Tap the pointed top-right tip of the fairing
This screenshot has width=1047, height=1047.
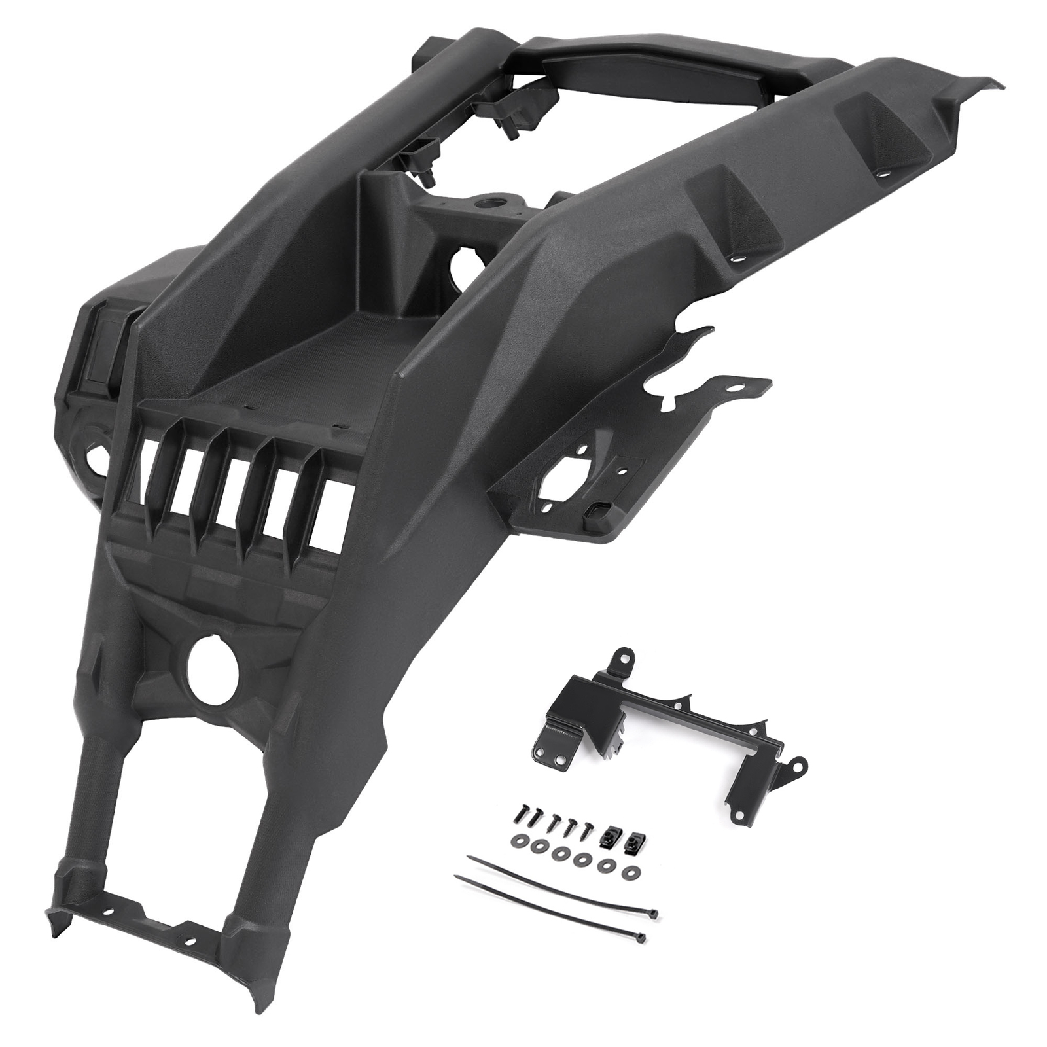[997, 84]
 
